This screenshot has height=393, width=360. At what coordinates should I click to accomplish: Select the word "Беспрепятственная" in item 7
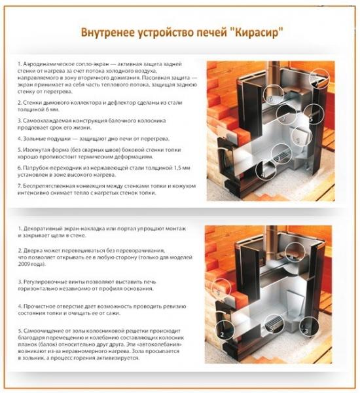(x=56, y=187)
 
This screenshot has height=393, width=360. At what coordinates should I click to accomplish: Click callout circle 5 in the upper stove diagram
(x=308, y=122)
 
